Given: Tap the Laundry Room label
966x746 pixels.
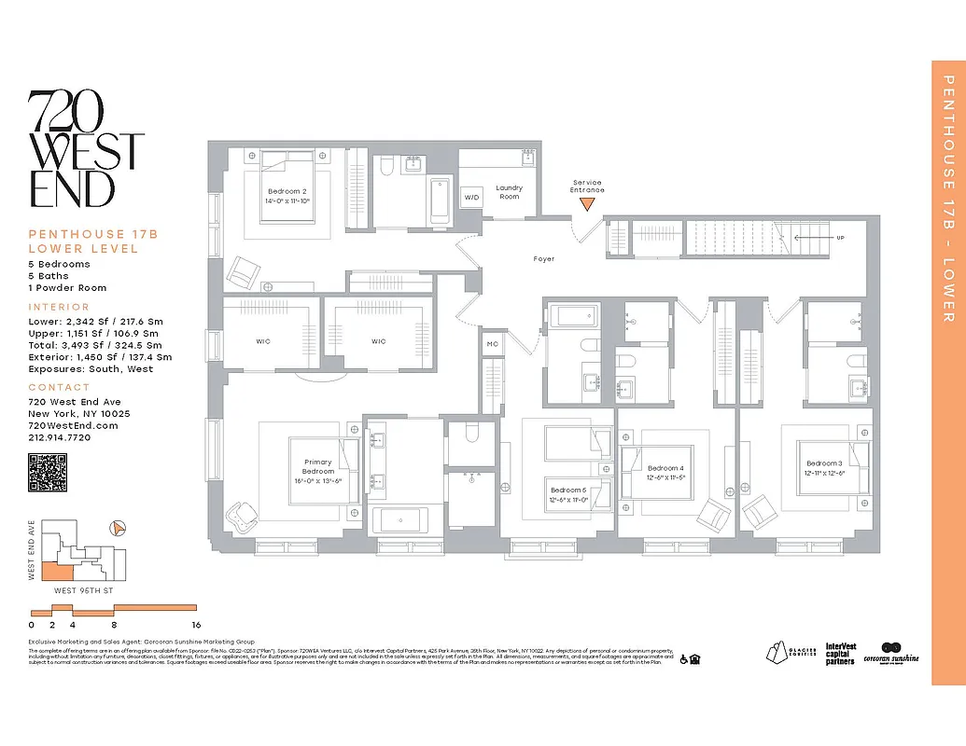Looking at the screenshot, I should [x=509, y=192].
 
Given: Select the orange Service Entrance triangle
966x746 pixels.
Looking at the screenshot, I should [x=587, y=204].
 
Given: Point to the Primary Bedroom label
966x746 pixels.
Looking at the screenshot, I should [x=317, y=466].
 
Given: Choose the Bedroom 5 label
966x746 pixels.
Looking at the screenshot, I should [x=567, y=490].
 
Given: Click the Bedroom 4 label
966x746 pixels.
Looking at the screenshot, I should [x=665, y=468].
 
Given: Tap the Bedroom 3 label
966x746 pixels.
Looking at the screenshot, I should [x=824, y=463].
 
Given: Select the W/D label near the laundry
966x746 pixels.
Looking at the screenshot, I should [x=471, y=198].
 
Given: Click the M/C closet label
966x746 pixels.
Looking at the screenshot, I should [x=492, y=344].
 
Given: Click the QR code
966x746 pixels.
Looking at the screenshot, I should [x=48, y=472].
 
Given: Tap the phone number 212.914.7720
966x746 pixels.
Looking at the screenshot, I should [x=60, y=437].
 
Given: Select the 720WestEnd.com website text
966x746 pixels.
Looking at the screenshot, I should [x=73, y=425].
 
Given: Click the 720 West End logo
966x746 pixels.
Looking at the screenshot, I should [x=86, y=149].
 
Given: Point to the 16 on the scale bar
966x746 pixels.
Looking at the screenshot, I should [x=195, y=625].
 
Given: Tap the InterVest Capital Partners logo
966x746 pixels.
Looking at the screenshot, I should [x=841, y=654].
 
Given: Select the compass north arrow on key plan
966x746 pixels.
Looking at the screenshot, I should [x=118, y=528].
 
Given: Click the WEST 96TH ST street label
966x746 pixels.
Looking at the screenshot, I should [x=85, y=590].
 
